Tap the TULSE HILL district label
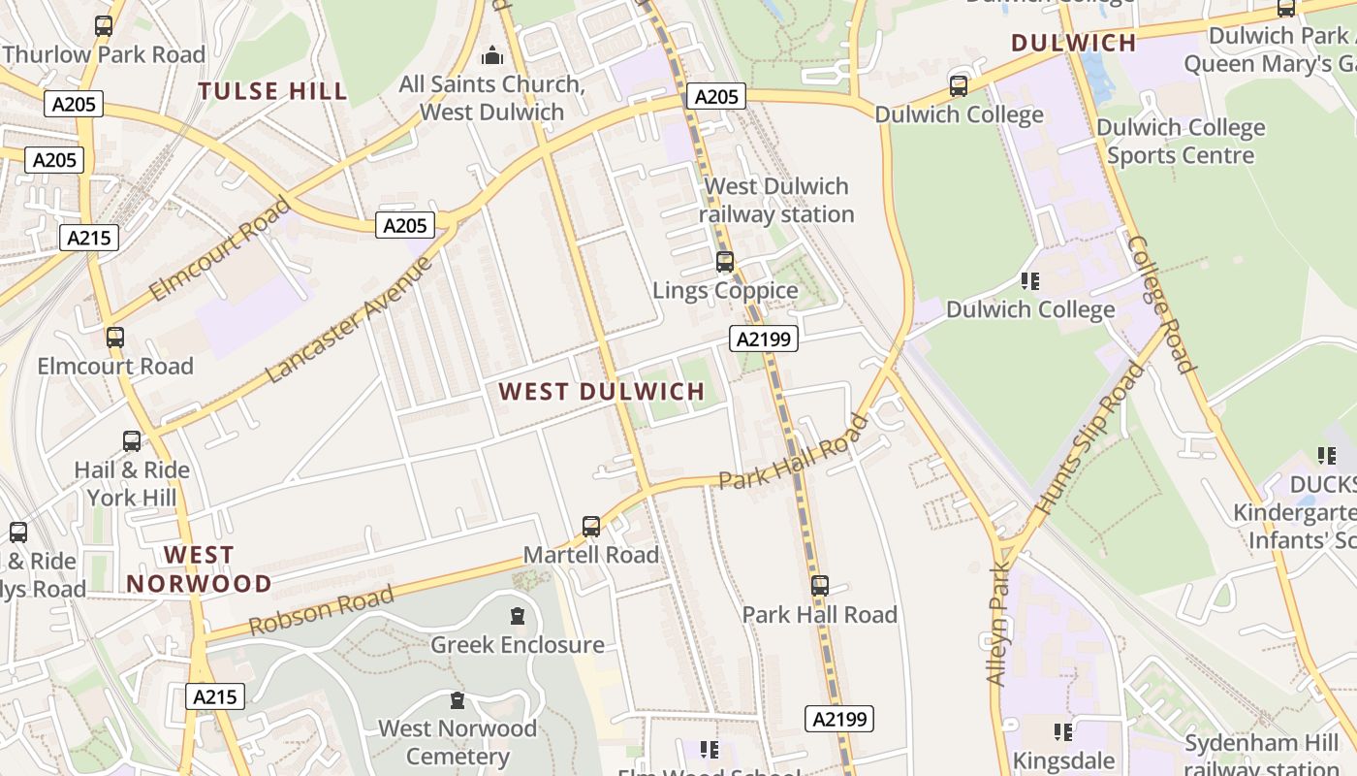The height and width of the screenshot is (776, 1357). (x=272, y=92)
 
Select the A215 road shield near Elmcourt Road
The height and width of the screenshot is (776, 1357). (x=89, y=238)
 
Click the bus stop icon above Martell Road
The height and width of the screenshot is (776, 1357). (x=591, y=527)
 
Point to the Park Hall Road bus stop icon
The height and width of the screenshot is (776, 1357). (x=820, y=586)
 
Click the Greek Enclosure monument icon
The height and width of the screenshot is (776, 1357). (x=518, y=616)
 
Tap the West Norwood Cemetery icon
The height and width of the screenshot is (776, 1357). (x=458, y=700)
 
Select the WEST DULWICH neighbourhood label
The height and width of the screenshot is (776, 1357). (x=602, y=392)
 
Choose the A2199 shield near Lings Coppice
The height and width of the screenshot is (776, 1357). (x=763, y=339)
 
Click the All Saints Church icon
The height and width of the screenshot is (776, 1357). (x=492, y=55)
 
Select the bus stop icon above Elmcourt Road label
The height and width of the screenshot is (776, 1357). (x=115, y=338)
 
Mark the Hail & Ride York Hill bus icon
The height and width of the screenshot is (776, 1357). (x=132, y=441)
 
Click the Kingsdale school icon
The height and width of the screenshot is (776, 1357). (x=1063, y=732)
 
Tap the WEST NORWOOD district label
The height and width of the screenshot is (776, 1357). (x=199, y=569)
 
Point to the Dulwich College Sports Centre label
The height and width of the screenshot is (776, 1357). (x=1180, y=142)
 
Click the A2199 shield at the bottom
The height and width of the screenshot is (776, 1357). (x=839, y=719)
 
